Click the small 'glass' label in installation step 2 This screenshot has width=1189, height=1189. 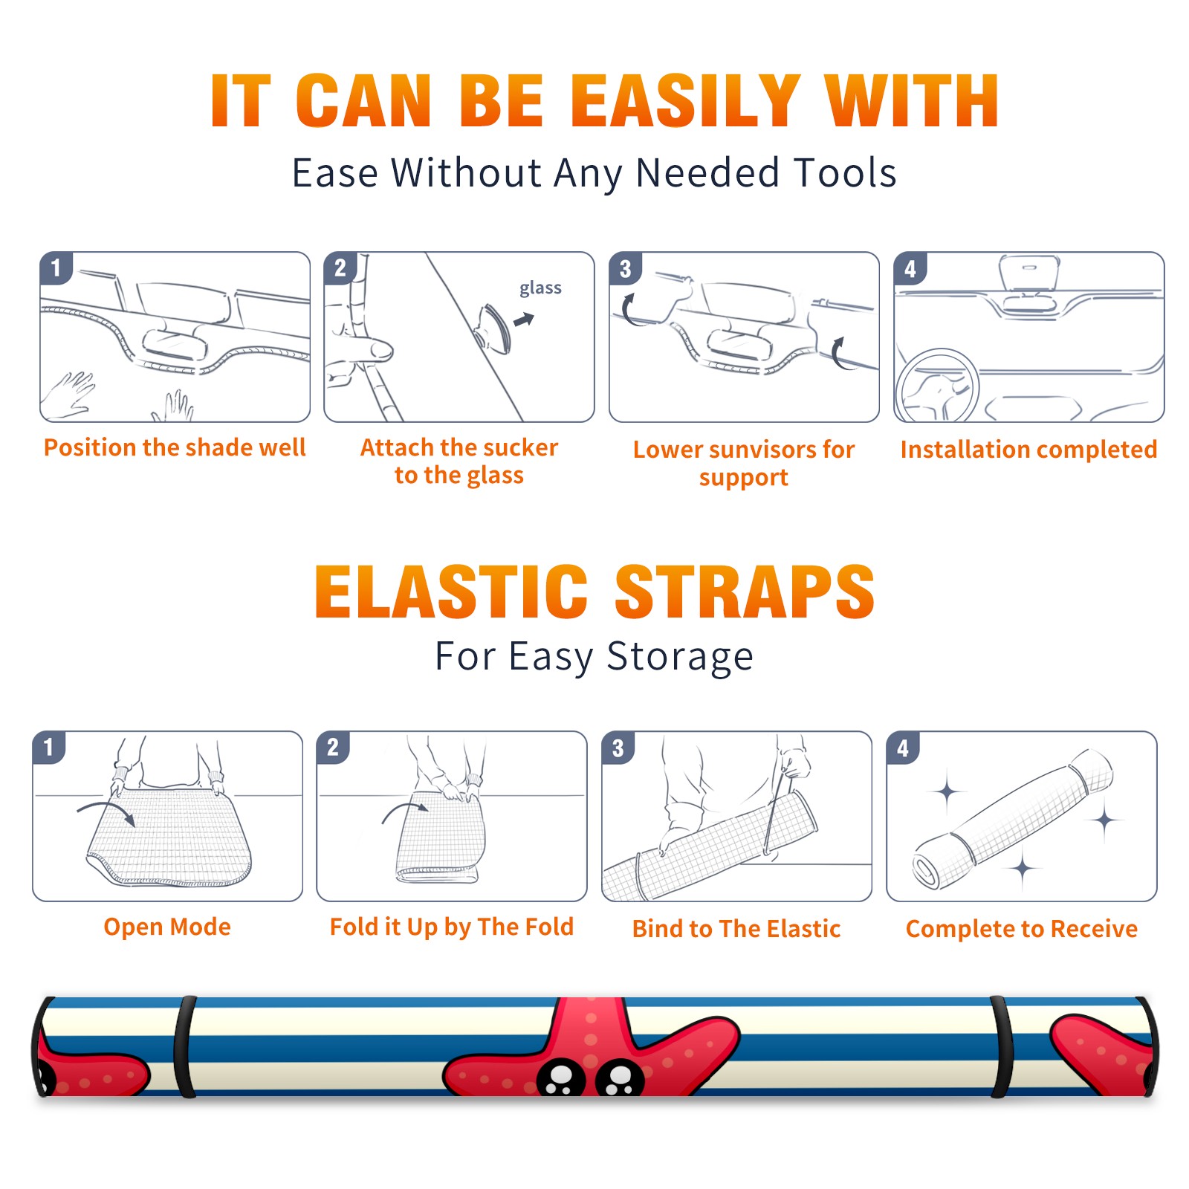pyautogui.click(x=540, y=288)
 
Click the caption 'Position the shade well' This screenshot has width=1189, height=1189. pyautogui.click(x=175, y=447)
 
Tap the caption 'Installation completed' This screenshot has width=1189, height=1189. pyautogui.click(x=1028, y=449)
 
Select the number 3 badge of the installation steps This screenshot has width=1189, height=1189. pyautogui.click(x=625, y=269)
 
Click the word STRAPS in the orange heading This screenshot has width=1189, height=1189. pyautogui.click(x=745, y=592)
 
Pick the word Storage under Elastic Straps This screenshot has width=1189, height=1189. pyautogui.click(x=680, y=657)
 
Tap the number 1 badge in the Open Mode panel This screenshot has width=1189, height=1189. pyautogui.click(x=49, y=748)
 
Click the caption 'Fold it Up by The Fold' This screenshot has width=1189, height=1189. pyautogui.click(x=452, y=927)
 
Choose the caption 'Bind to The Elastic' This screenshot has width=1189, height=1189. pyautogui.click(x=736, y=929)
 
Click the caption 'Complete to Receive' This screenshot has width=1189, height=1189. pyautogui.click(x=1022, y=929)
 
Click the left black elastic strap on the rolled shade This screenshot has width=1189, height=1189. pyautogui.click(x=185, y=1046)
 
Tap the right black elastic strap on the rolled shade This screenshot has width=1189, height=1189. pyautogui.click(x=1001, y=1046)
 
